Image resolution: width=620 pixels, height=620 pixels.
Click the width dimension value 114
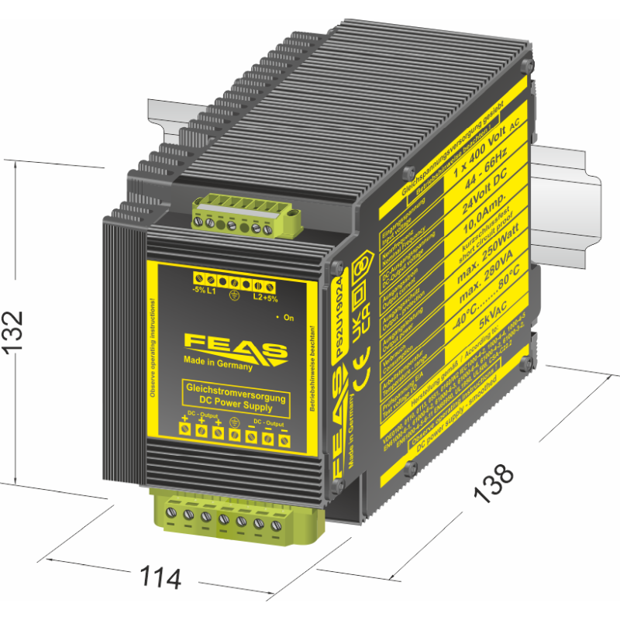(160, 577)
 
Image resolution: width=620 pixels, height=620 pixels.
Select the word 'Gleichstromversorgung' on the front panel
(234, 390)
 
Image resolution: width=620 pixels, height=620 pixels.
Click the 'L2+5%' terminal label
(266, 297)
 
